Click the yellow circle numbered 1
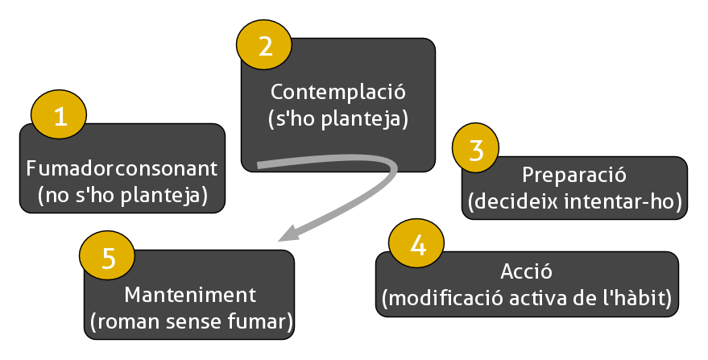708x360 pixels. coord(59,117)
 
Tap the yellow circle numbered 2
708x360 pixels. coord(264,45)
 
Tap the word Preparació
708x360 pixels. coord(573,175)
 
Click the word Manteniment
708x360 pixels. coord(190,295)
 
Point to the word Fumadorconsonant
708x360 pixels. coord(122,169)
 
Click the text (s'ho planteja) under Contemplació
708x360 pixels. coord(338,120)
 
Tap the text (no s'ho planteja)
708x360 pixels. coord(122,195)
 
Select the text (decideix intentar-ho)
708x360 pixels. coord(574,201)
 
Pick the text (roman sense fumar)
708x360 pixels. coord(190,322)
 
